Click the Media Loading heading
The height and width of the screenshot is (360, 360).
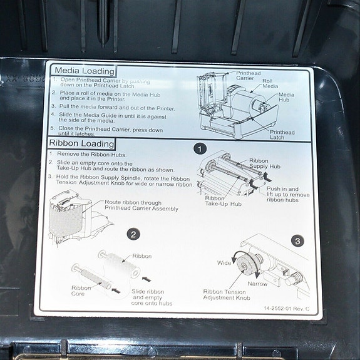84,71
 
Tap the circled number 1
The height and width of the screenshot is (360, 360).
199,149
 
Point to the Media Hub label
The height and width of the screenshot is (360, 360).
286,98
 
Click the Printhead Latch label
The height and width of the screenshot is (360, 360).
282,135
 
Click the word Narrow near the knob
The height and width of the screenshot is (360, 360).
257,284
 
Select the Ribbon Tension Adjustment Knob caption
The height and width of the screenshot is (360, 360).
227,295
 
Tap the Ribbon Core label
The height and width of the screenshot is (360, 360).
81,291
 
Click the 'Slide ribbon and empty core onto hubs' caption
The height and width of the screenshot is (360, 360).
148,297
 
